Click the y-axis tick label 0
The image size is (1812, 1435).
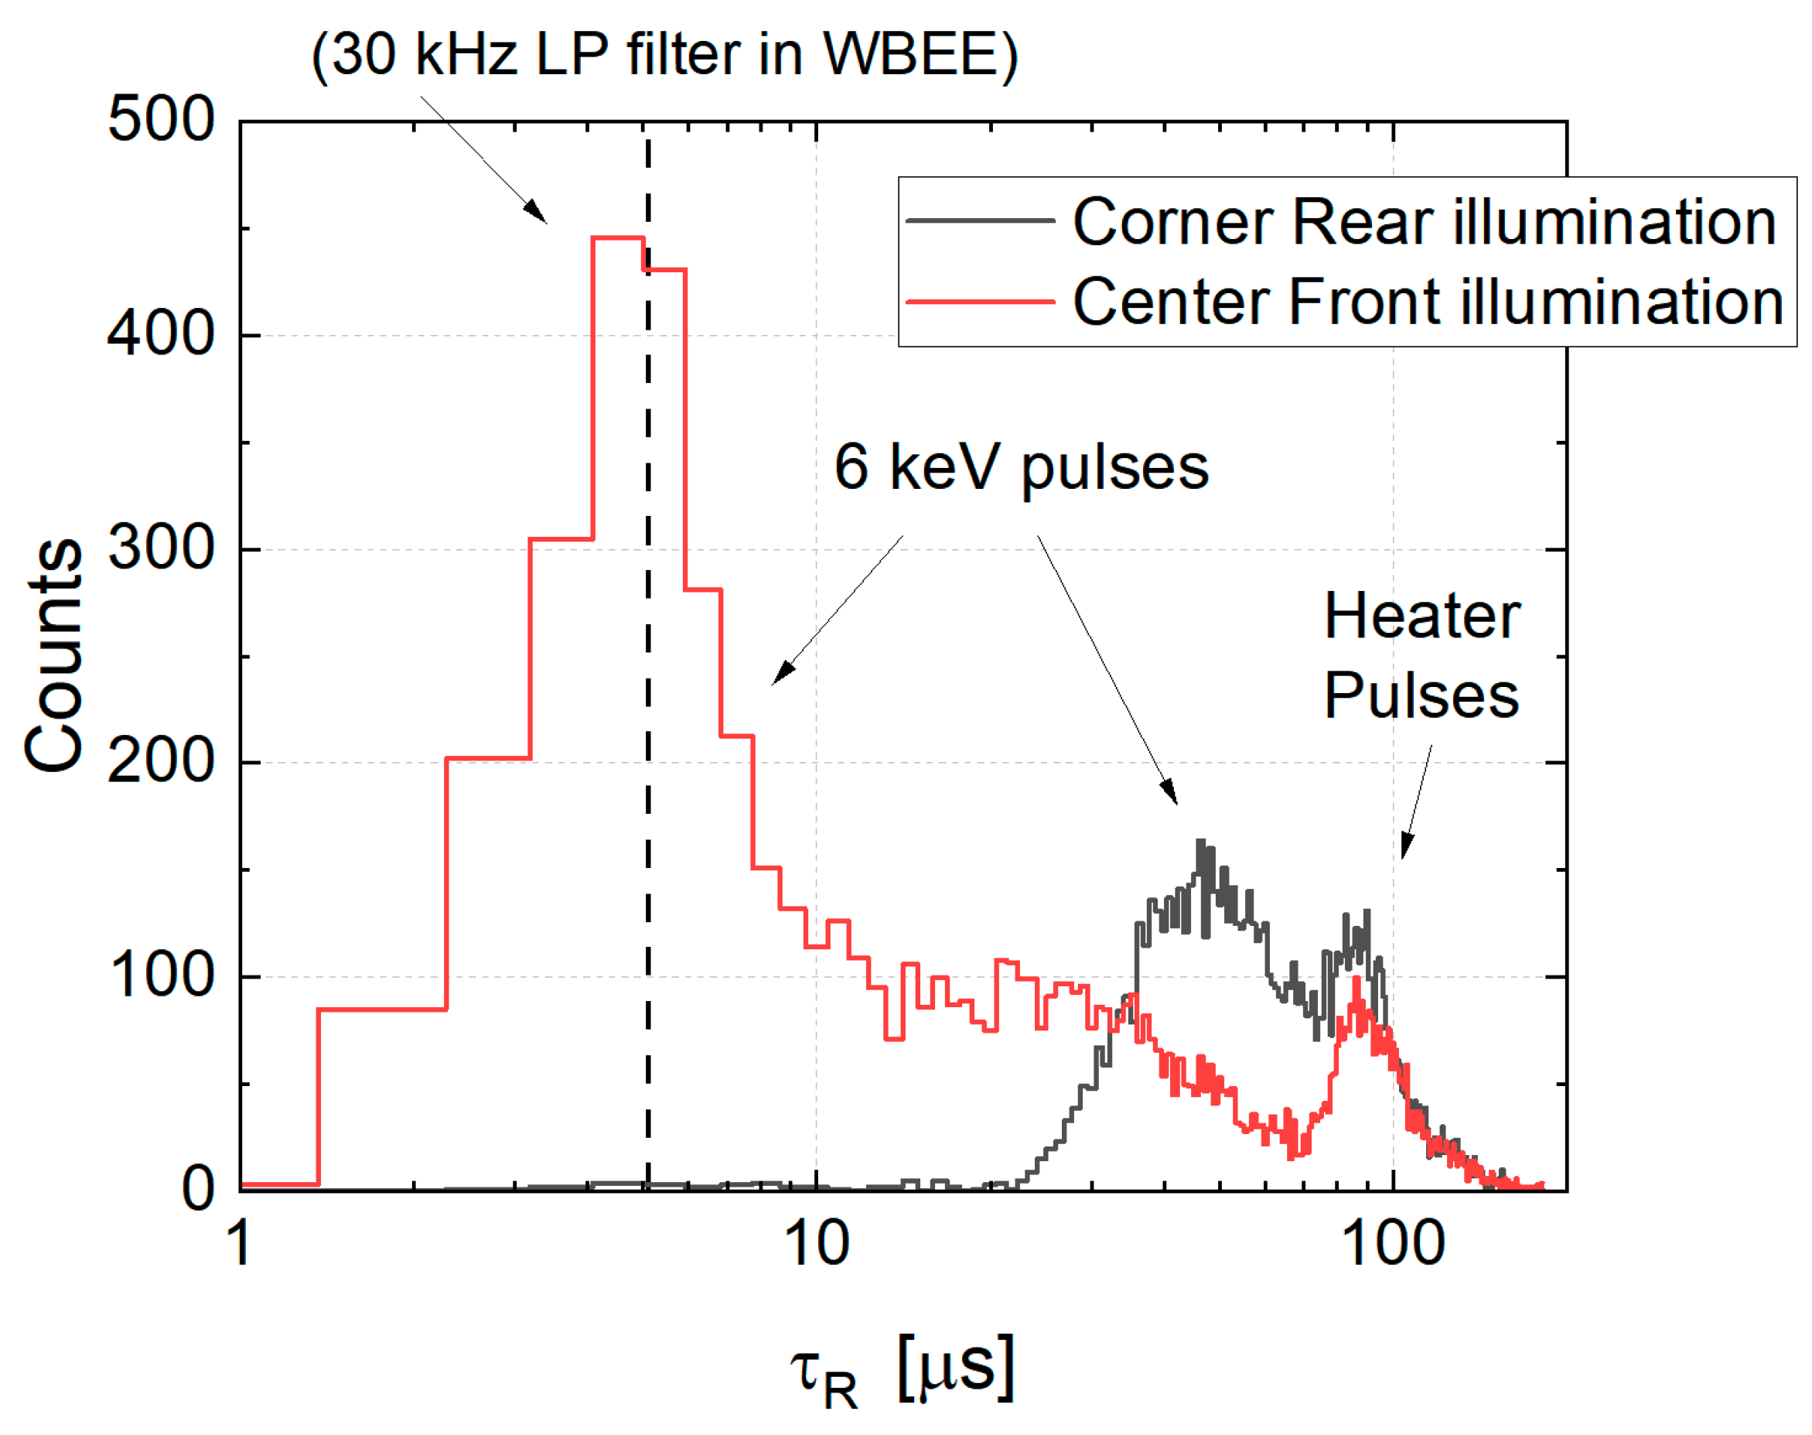[x=198, y=1189]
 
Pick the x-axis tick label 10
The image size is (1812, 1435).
[x=816, y=1243]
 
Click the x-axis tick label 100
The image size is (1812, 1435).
[x=1393, y=1243]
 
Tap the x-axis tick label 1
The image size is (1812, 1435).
[x=241, y=1243]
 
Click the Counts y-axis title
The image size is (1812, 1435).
[x=54, y=655]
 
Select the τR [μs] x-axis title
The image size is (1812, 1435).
[x=903, y=1369]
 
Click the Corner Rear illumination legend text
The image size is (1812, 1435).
[x=1424, y=222]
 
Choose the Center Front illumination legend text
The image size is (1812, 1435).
[x=1428, y=301]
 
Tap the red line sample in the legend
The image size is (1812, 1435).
[x=980, y=301]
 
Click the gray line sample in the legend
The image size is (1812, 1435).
[x=980, y=221]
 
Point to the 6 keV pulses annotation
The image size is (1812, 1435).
[x=1021, y=466]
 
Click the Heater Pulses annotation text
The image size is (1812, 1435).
[x=1421, y=655]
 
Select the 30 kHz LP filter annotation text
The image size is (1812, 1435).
[x=664, y=55]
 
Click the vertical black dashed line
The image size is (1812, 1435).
[x=647, y=672]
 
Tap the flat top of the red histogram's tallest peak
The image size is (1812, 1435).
[x=618, y=237]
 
